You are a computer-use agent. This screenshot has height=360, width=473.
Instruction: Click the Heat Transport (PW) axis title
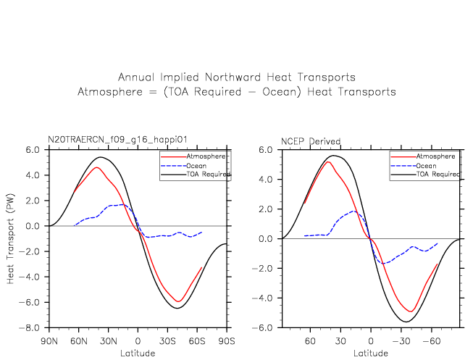(12, 238)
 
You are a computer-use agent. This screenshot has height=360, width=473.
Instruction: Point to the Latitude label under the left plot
(138, 353)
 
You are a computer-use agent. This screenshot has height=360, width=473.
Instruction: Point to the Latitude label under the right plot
(371, 353)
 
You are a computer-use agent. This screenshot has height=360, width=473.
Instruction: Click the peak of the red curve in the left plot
(96, 167)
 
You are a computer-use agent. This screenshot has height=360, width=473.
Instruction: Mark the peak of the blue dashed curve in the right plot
(353, 212)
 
